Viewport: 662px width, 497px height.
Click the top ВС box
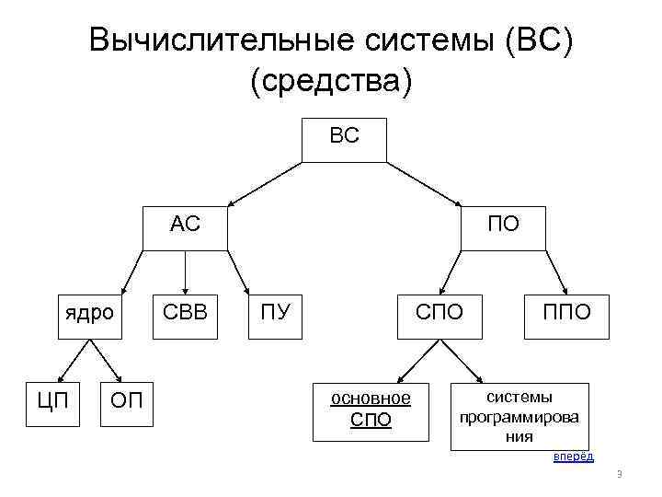pyautogui.click(x=345, y=139)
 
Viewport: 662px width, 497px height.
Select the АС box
pyautogui.click(x=185, y=227)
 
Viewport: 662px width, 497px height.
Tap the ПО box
pyautogui.click(x=502, y=227)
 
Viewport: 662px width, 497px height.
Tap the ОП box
pyautogui.click(x=125, y=401)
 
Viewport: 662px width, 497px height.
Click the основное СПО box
pyautogui.click(x=371, y=409)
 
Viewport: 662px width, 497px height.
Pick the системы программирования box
pyautogui.click(x=519, y=416)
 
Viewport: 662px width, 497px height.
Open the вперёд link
pyautogui.click(x=573, y=457)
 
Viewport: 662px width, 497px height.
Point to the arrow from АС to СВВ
pyautogui.click(x=185, y=272)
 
